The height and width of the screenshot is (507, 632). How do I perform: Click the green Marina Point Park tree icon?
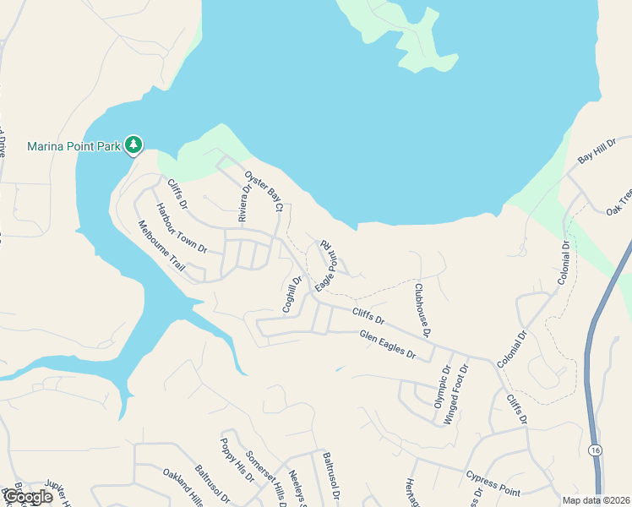click(133, 145)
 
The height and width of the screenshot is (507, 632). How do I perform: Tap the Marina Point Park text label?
click(74, 146)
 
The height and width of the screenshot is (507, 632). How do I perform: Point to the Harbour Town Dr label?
click(180, 228)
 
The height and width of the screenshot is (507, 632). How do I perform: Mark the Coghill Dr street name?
click(292, 294)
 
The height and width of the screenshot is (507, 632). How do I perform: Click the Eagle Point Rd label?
click(325, 265)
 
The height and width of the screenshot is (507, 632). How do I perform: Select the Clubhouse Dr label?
click(422, 309)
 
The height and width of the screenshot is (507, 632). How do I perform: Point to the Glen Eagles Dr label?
click(388, 345)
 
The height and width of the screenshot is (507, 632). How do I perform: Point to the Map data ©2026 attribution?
click(597, 500)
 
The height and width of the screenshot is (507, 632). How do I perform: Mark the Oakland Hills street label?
click(183, 488)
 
